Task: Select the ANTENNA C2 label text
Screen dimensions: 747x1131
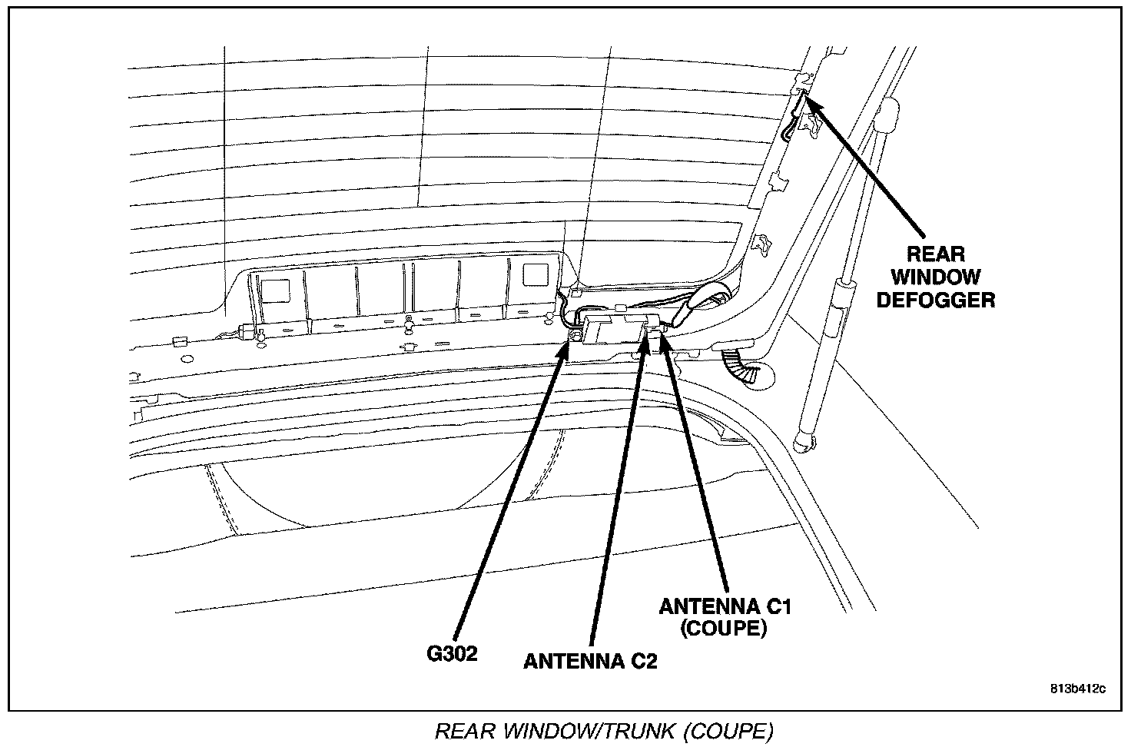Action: point(590,661)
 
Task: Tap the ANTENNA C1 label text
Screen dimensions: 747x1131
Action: point(725,606)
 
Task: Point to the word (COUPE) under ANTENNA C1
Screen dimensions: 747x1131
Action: point(725,629)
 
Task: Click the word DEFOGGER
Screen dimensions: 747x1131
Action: point(935,300)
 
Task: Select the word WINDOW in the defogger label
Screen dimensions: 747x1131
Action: point(935,277)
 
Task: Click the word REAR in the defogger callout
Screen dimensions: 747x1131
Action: point(936,254)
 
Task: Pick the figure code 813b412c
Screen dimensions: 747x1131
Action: point(1078,688)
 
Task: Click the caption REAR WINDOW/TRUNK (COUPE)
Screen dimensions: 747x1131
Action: point(604,731)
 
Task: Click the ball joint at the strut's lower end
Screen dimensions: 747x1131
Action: point(804,441)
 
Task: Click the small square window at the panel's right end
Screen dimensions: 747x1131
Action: point(531,276)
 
